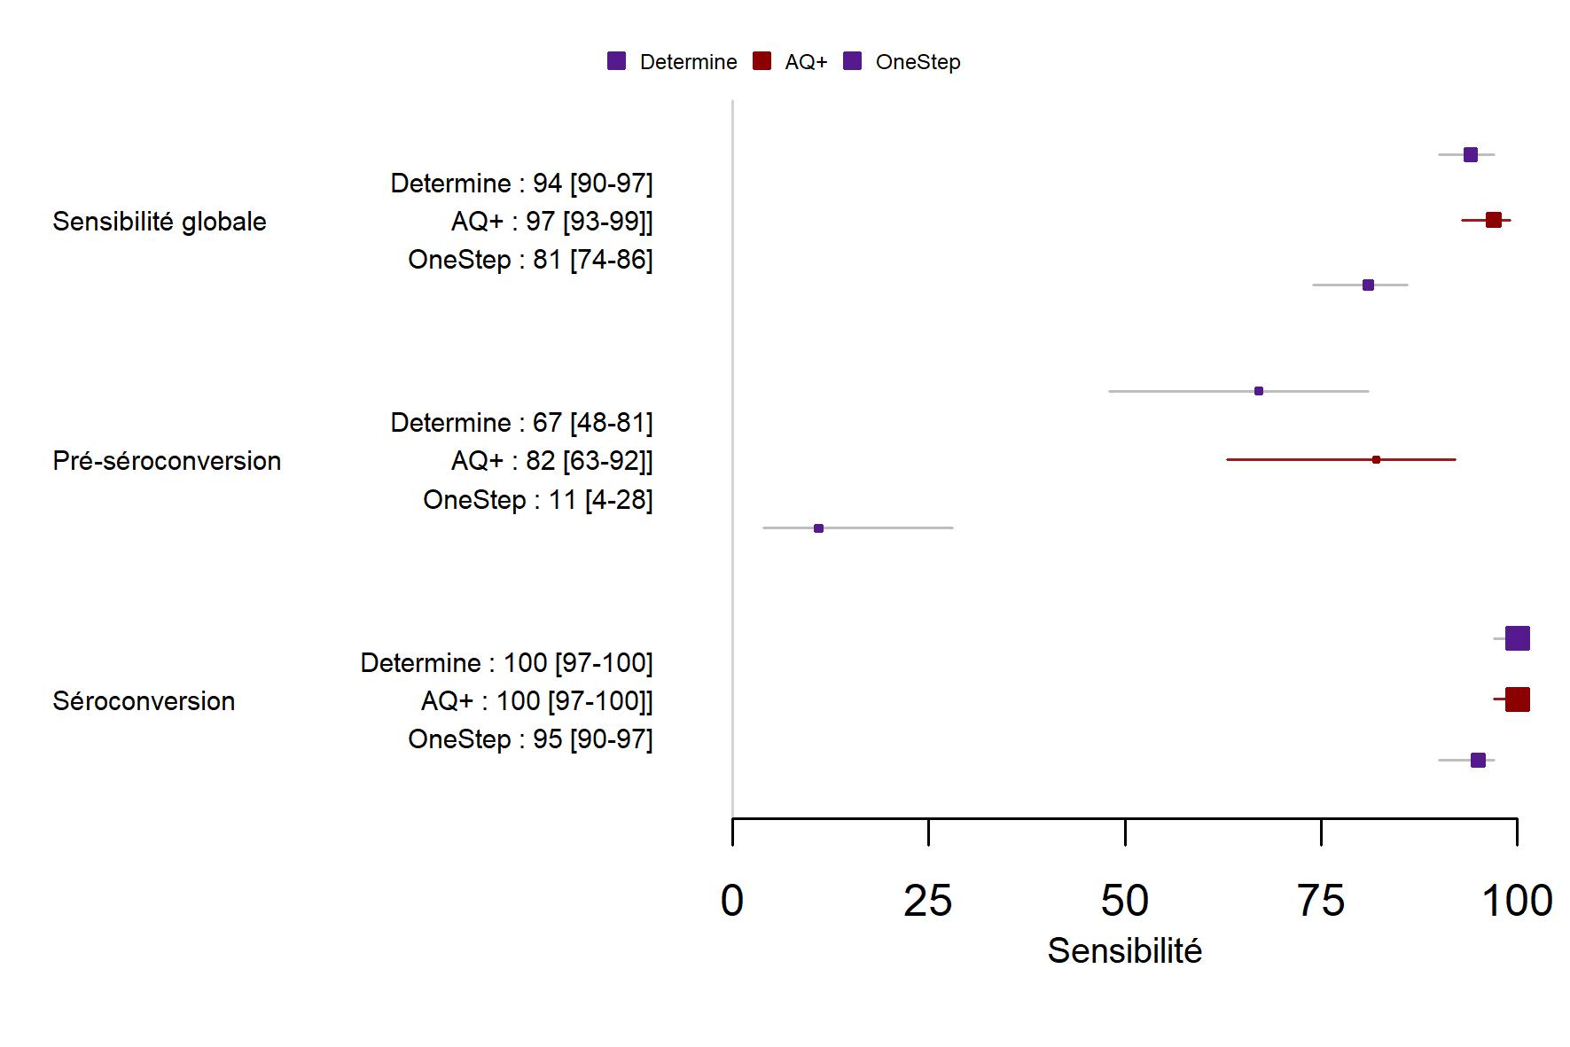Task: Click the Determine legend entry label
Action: point(688,62)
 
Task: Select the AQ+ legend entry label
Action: point(806,62)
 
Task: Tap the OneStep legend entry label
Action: point(918,62)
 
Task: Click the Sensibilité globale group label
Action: point(160,222)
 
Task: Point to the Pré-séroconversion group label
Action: point(167,461)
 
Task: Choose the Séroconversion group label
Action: point(144,701)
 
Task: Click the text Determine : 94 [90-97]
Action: point(521,184)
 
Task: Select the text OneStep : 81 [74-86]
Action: point(530,260)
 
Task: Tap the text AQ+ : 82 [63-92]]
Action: point(551,461)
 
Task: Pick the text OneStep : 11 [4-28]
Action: point(537,500)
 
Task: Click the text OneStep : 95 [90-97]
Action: point(530,739)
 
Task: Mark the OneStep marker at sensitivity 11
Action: point(818,528)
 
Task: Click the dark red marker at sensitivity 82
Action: point(1376,459)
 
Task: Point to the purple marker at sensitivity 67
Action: point(1259,391)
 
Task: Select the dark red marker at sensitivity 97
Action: point(1494,220)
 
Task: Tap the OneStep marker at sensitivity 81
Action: point(1368,285)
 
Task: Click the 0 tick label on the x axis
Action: point(732,901)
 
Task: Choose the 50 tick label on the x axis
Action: point(1125,901)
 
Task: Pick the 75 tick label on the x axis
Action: point(1321,901)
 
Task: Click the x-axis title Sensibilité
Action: point(1124,951)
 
